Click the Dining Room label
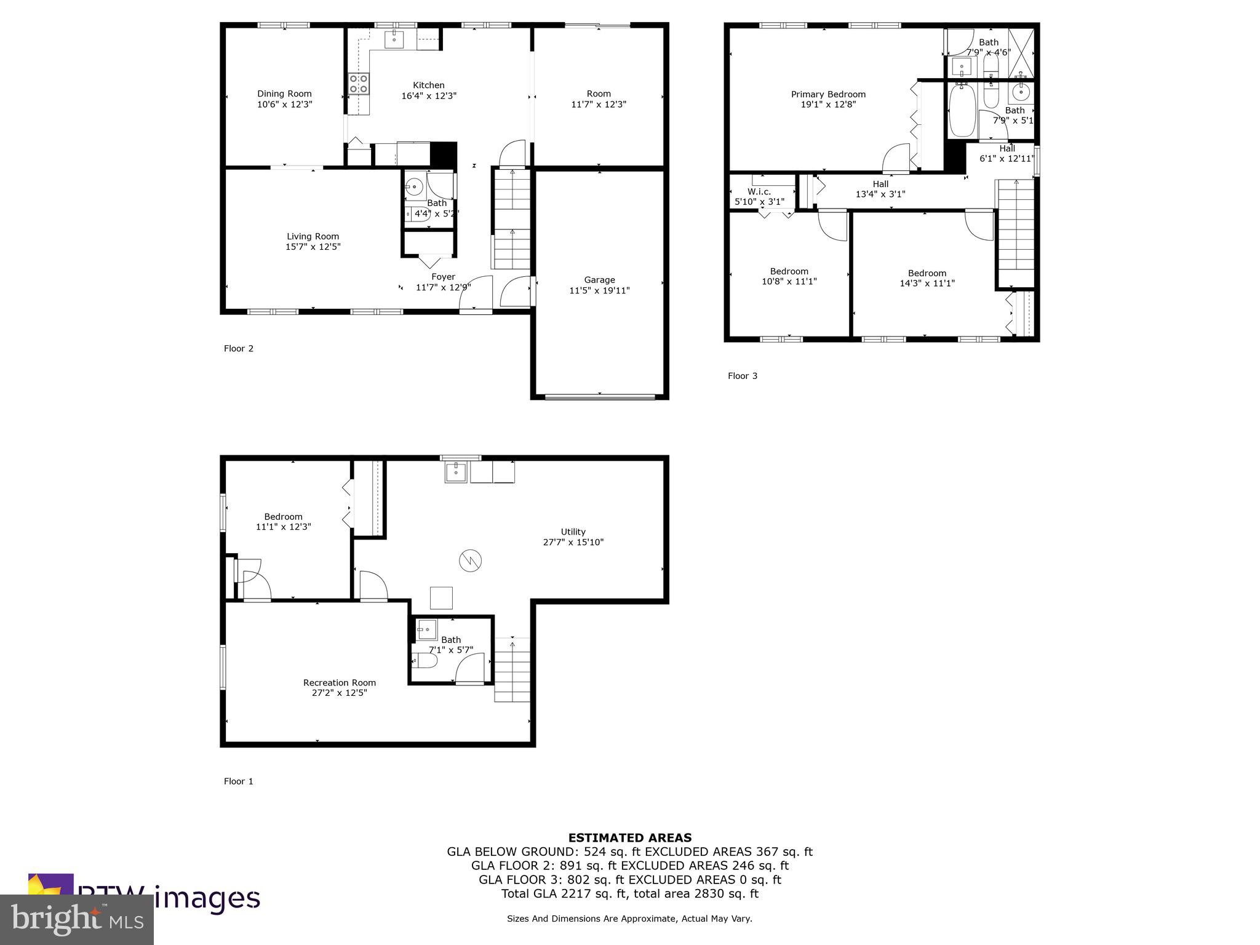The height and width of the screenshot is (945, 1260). [x=284, y=94]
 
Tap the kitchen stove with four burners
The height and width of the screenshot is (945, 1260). [x=359, y=83]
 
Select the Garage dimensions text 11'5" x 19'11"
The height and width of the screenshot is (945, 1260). [x=599, y=290]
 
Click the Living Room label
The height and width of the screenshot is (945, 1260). [x=313, y=236]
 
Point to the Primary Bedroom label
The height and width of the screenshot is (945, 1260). [x=828, y=94]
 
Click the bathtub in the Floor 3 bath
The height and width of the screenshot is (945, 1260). [x=962, y=111]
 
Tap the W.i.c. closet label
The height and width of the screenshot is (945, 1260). [x=759, y=191]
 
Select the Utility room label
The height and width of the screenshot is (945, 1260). [x=573, y=532]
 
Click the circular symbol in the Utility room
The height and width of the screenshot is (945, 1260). [x=470, y=560]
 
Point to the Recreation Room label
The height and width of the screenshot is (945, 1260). [x=339, y=682]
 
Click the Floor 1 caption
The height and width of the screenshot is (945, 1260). [x=238, y=781]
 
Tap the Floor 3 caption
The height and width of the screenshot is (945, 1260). [x=742, y=376]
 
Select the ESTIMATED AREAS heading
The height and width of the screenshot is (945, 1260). [x=629, y=837]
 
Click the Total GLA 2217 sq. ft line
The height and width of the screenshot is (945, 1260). [x=629, y=894]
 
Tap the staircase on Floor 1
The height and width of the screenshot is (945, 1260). [x=512, y=670]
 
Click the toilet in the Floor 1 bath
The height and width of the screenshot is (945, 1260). [x=425, y=661]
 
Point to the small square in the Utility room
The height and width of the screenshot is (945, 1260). [x=441, y=597]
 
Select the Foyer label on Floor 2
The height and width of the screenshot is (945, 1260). [x=443, y=277]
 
